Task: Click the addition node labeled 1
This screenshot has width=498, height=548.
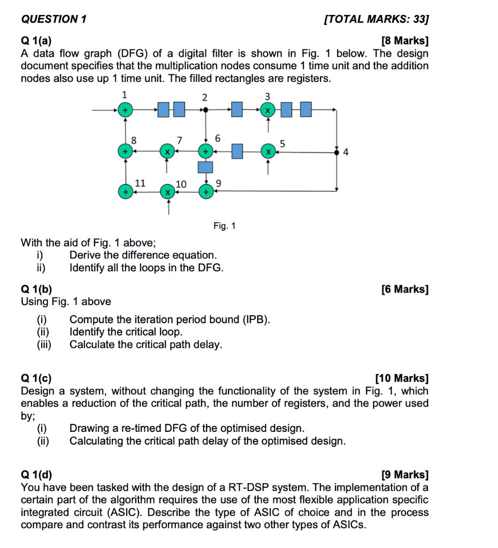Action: [x=125, y=110]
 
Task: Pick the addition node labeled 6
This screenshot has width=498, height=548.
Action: [x=205, y=151]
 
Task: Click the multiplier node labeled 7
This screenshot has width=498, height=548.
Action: [x=167, y=151]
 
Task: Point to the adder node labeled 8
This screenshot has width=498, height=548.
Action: [x=125, y=151]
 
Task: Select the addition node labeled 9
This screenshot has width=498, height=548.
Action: [x=205, y=191]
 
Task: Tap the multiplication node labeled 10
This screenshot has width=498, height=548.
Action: [x=167, y=191]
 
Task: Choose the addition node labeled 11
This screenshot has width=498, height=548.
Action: [x=125, y=191]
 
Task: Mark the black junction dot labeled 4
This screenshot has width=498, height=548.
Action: [x=336, y=152]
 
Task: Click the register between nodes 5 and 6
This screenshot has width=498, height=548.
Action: [x=237, y=151]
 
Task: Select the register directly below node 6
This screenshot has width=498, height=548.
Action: [x=205, y=167]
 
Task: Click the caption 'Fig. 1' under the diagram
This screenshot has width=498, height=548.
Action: [x=224, y=226]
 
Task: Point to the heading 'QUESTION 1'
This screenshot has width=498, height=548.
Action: [x=54, y=20]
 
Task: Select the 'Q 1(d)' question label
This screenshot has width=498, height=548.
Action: [x=37, y=475]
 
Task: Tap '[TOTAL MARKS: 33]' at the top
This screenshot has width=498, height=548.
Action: [x=377, y=20]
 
